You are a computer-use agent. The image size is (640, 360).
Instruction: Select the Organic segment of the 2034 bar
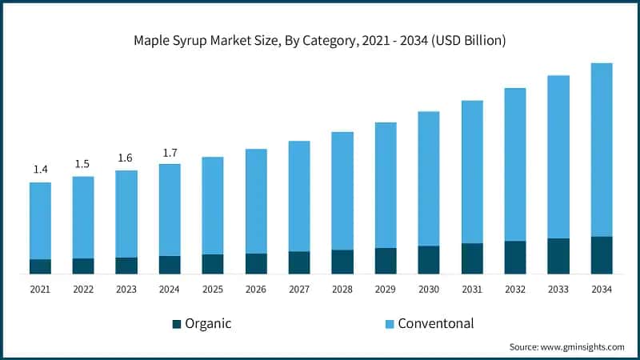click(601, 255)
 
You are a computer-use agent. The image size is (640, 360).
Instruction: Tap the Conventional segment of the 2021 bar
click(40, 221)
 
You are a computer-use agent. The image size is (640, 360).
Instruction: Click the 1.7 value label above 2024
click(169, 152)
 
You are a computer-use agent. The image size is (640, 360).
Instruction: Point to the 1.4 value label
click(40, 170)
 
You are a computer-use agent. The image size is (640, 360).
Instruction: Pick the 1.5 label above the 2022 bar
click(82, 164)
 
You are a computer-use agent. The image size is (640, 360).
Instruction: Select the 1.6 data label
click(126, 158)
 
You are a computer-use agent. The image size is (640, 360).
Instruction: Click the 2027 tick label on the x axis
click(298, 289)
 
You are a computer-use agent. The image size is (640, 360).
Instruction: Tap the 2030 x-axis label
click(428, 289)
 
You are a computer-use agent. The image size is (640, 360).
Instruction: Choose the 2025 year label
click(212, 289)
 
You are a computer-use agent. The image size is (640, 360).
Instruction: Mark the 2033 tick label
click(558, 289)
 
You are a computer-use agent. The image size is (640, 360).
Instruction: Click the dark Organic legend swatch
click(176, 324)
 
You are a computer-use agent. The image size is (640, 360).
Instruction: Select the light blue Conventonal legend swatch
click(390, 324)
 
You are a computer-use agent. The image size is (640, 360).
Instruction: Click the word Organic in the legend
click(208, 324)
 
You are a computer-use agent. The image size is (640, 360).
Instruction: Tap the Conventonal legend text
click(436, 324)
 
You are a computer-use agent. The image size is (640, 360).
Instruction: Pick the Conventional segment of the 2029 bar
click(385, 185)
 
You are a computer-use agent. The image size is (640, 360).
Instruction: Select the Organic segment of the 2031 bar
click(471, 258)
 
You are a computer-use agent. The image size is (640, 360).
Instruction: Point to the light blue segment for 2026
click(255, 201)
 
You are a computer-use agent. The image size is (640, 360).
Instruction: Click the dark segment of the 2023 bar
click(126, 266)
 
